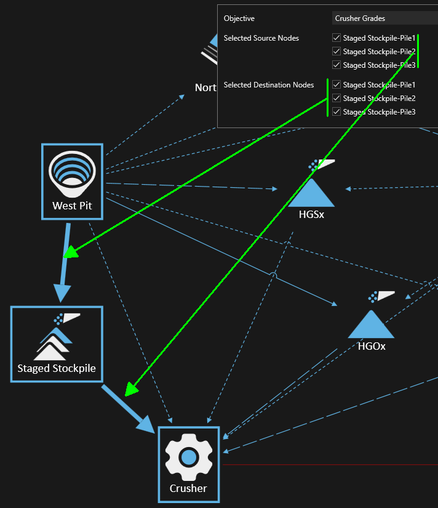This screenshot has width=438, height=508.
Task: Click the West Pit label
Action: pyautogui.click(x=72, y=206)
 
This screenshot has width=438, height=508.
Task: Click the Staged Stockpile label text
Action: pyautogui.click(x=57, y=368)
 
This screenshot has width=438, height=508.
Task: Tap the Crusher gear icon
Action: pyautogui.click(x=189, y=457)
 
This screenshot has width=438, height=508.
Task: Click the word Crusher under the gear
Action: pyautogui.click(x=188, y=488)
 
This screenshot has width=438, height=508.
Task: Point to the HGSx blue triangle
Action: pyautogui.click(x=311, y=193)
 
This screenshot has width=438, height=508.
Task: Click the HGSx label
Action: pyautogui.click(x=311, y=214)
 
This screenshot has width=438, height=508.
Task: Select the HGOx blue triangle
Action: pyautogui.click(x=370, y=325)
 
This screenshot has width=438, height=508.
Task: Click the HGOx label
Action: pyautogui.click(x=372, y=346)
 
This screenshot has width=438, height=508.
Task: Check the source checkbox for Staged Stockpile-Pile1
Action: pyautogui.click(x=336, y=38)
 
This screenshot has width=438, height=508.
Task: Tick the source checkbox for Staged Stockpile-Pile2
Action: pyautogui.click(x=336, y=51)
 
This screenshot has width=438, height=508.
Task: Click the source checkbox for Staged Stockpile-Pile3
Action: pyautogui.click(x=336, y=65)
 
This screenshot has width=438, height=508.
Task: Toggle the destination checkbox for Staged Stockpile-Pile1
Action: pyautogui.click(x=336, y=84)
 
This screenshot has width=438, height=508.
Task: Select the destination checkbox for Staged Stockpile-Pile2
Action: pyautogui.click(x=336, y=98)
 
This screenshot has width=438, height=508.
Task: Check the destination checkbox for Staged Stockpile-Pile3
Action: pyautogui.click(x=336, y=111)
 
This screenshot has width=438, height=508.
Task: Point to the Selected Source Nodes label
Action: pyautogui.click(x=261, y=38)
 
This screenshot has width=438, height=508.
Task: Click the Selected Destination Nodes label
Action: pyautogui.click(x=269, y=85)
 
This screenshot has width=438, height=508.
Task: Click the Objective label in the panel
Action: pyautogui.click(x=239, y=18)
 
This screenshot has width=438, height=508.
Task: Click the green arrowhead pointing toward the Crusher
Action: pyautogui.click(x=130, y=389)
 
